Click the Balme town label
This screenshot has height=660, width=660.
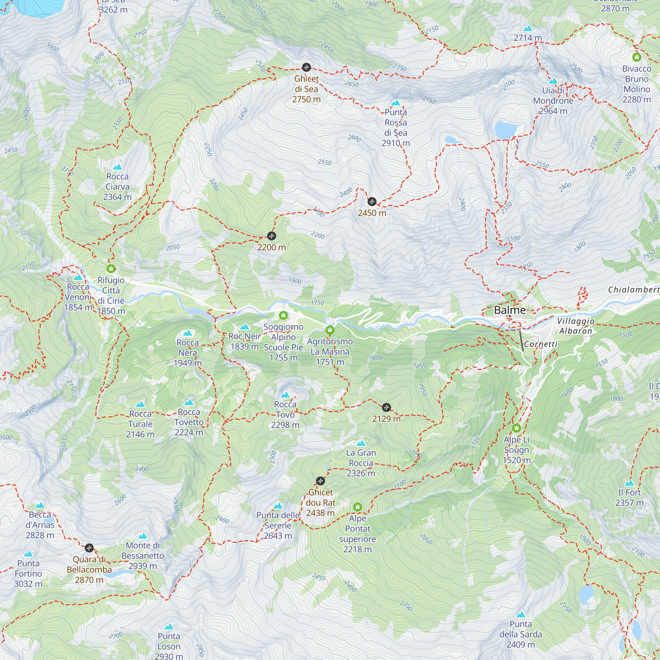click(x=510, y=310)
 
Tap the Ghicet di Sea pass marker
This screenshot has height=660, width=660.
click(x=307, y=67)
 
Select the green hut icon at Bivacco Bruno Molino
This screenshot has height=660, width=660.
click(x=637, y=57)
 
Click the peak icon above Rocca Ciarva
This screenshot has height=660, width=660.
click(x=117, y=167)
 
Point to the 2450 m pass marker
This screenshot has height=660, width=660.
click(x=372, y=202)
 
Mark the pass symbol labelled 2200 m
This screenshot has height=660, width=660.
click(x=272, y=236)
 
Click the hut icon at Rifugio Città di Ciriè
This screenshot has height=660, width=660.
click(x=111, y=269)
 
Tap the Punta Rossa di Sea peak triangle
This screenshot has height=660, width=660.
click(x=396, y=103)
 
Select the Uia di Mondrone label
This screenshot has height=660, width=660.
click(x=553, y=100)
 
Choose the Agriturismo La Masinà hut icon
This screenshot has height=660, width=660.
click(x=330, y=330)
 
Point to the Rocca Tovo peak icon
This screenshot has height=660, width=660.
click(x=285, y=395)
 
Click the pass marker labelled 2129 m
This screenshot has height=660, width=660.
click(x=386, y=407)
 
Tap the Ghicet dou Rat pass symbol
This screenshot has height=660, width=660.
click(x=320, y=481)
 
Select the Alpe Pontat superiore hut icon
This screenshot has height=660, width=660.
click(x=358, y=507)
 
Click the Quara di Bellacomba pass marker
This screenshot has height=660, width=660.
click(x=89, y=548)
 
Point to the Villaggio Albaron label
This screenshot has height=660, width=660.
click(x=576, y=326)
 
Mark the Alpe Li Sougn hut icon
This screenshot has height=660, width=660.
click(x=516, y=428)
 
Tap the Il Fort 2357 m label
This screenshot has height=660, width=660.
click(x=629, y=497)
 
